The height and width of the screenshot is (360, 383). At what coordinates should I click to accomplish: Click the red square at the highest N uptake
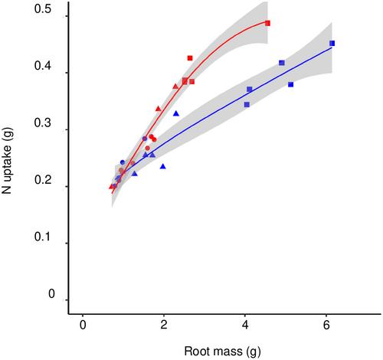(267, 23)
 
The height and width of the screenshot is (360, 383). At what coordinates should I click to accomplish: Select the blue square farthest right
(332, 44)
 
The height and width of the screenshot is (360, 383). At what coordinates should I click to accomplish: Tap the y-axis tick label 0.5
(43, 9)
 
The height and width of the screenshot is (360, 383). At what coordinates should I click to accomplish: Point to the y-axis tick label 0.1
(43, 237)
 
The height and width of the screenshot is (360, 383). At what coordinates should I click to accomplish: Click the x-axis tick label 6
(326, 326)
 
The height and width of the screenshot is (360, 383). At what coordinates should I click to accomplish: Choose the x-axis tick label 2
(164, 326)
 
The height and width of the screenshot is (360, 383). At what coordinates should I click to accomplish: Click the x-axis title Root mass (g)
(222, 351)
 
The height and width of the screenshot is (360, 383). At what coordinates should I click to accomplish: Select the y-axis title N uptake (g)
(7, 161)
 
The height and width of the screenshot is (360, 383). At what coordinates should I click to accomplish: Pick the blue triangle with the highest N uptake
(176, 113)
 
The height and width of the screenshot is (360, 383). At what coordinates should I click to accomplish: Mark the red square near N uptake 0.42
(190, 58)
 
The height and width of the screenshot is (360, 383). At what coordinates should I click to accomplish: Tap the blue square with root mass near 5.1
(290, 84)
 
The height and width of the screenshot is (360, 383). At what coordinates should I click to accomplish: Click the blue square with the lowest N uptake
(247, 104)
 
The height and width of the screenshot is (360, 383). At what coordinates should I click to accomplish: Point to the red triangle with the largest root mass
(175, 87)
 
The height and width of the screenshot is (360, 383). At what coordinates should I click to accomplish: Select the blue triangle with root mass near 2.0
(163, 166)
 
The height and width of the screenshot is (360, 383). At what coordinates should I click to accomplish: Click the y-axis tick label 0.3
(43, 123)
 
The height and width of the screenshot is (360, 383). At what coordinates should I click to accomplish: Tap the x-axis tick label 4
(245, 326)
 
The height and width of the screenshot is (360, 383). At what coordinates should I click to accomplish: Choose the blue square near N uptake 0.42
(282, 63)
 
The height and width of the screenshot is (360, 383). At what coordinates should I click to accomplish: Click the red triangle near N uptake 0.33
(159, 109)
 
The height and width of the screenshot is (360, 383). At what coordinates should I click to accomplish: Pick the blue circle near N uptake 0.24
(123, 162)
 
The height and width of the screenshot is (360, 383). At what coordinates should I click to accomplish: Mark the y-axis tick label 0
(51, 293)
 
